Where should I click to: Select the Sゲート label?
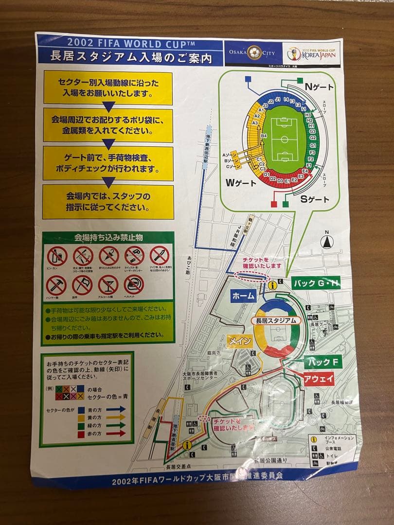[x=314, y=199]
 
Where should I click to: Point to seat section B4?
[x=264, y=136]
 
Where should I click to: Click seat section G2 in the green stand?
[x=313, y=138]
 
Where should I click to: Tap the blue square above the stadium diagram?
[x=248, y=79]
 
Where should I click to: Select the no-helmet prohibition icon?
[x=134, y=285]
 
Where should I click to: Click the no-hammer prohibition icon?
[x=56, y=285]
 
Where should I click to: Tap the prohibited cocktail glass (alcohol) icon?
[x=108, y=285]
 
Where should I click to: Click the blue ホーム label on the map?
[x=244, y=296]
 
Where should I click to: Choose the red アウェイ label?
[x=319, y=379]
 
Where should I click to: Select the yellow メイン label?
[x=240, y=341]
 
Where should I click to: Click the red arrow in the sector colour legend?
[x=115, y=434]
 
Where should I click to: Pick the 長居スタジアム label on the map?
[x=276, y=321]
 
